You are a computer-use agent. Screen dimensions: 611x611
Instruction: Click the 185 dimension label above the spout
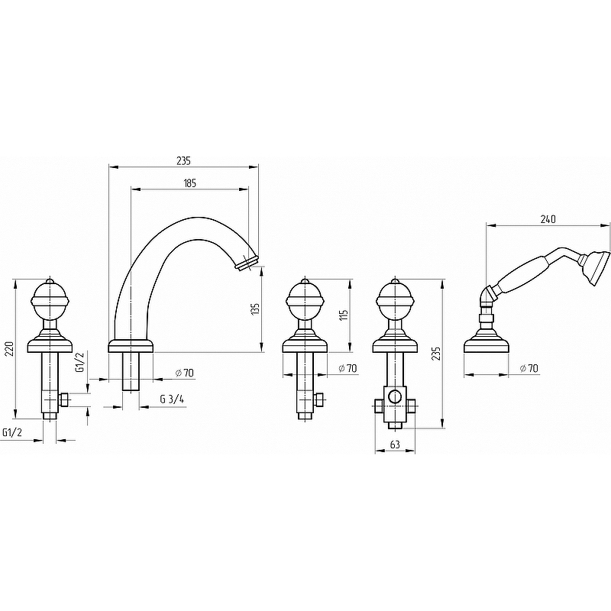pos(189,183)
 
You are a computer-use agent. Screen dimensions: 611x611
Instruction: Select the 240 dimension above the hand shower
pos(548,219)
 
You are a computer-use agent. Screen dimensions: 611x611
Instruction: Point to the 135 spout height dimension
pos(255,309)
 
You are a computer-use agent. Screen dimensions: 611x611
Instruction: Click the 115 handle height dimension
pos(343,314)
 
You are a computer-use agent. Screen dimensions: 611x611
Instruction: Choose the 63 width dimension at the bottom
pos(395,445)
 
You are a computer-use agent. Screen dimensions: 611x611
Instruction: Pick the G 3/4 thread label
pos(172,399)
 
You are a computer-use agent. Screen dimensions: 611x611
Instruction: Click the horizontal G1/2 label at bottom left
pos(11,432)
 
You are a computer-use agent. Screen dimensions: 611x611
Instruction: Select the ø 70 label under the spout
pos(184,373)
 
